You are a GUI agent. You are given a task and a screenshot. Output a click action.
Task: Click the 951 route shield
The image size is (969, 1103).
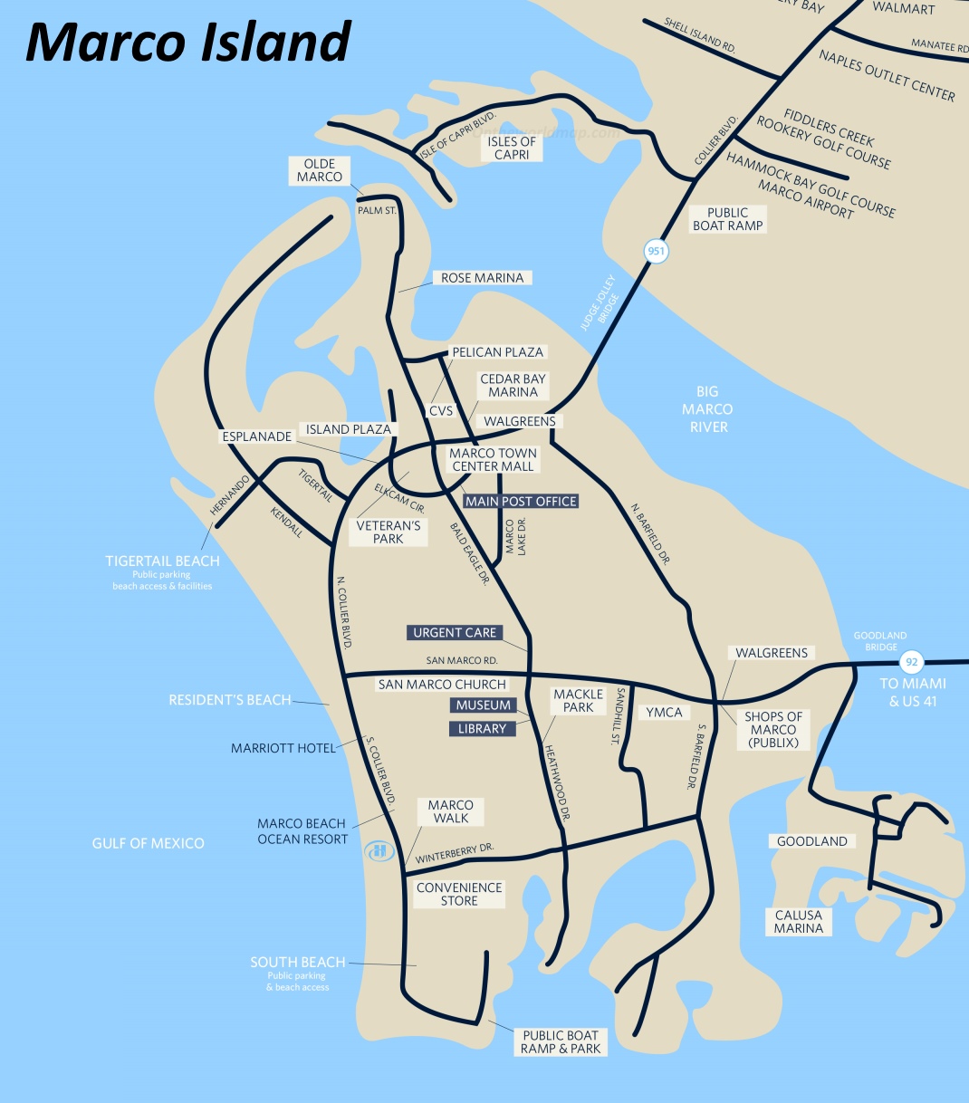[656, 251]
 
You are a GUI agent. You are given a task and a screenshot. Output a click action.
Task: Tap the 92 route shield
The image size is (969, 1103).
[911, 662]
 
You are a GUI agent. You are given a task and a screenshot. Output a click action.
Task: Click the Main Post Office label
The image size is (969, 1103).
[521, 501]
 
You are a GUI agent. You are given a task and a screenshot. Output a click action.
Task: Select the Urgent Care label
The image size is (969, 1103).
[455, 632]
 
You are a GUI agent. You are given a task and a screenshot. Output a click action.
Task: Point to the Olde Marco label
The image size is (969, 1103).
[320, 170]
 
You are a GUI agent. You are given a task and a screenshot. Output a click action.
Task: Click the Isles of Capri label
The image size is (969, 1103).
[512, 148]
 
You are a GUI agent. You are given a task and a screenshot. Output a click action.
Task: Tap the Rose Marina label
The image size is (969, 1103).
[482, 278]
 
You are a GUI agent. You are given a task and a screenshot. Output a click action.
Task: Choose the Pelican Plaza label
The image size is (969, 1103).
[498, 351]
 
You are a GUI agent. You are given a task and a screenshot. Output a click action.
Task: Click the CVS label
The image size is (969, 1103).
[441, 410]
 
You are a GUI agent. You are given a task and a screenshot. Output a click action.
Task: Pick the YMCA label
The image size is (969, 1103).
[664, 713]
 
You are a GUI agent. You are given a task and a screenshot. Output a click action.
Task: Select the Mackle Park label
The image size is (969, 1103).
[578, 701]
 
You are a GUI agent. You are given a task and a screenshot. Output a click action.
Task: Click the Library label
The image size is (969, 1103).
[482, 728]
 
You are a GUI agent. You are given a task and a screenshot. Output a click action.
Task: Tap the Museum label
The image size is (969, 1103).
[483, 705]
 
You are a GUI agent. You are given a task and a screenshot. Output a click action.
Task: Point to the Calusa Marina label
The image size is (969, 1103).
[799, 922]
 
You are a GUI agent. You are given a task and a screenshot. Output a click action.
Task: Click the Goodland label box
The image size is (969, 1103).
[812, 841]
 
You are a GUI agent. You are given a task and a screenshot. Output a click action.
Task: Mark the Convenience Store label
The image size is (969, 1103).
[459, 894]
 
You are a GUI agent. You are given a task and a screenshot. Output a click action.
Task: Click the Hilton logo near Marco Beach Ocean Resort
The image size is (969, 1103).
[379, 851]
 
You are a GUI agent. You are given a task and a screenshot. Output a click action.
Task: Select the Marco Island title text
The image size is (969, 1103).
[188, 42]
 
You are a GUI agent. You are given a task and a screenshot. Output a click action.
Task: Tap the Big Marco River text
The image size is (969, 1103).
[708, 409]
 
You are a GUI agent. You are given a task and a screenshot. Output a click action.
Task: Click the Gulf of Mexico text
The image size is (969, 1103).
[149, 843]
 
